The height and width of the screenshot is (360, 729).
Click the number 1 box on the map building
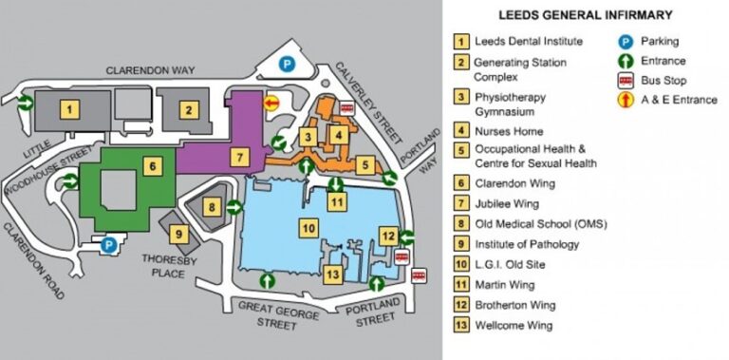tap(68, 108)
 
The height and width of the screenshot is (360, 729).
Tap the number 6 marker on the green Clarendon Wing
tap(149, 166)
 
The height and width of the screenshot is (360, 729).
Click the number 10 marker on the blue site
tap(307, 228)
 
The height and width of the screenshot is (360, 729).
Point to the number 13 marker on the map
tap(332, 275)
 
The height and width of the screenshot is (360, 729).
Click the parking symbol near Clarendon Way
tap(288, 64)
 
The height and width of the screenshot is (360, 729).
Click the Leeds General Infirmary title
tap(586, 14)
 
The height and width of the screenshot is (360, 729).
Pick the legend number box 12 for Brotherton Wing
tap(461, 305)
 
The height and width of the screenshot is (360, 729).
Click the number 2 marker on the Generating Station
tap(190, 108)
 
